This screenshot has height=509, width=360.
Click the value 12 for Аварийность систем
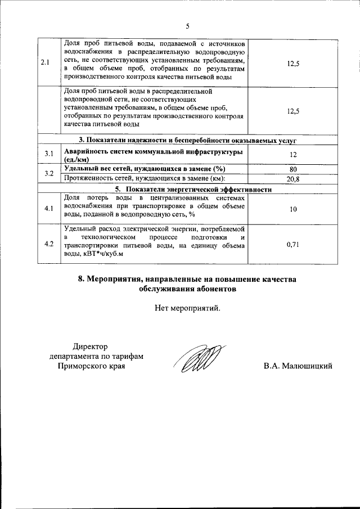(292, 155)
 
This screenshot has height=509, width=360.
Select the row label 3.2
(49, 173)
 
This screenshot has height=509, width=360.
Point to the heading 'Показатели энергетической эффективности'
(193, 189)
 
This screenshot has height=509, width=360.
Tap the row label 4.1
(49, 209)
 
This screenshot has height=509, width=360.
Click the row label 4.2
(49, 244)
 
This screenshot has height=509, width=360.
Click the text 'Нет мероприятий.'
(188, 308)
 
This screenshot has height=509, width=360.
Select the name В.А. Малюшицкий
(298, 366)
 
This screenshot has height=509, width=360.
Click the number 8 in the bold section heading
(81, 279)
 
